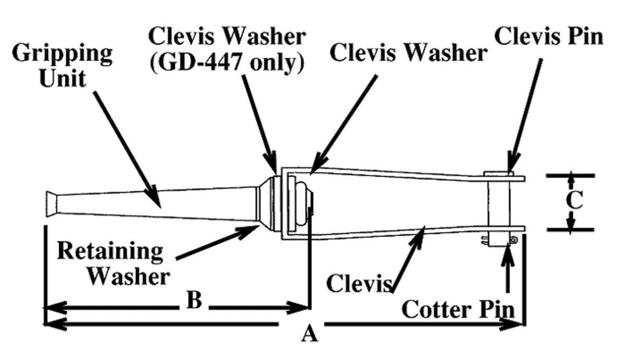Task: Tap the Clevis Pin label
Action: tap(548, 36)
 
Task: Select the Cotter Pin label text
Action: tap(459, 309)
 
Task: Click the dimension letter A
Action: tap(309, 333)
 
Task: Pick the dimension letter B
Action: tap(194, 301)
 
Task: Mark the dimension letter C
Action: tap(573, 202)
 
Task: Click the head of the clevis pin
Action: tap(498, 173)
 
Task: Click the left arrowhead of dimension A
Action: tap(55, 325)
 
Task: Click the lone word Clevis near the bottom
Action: tap(359, 283)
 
